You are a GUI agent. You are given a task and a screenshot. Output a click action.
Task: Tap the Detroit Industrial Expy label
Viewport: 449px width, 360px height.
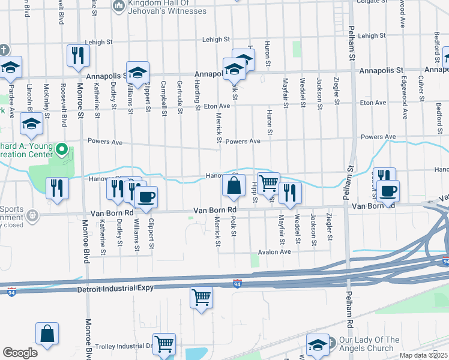[x=116, y=289]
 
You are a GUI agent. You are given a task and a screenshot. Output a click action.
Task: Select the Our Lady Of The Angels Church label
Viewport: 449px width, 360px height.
[x=369, y=344]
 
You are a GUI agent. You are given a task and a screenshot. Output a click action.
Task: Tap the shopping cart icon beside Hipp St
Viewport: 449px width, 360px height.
[x=270, y=182]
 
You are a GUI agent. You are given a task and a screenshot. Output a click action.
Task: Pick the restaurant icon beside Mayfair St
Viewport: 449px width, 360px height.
[x=290, y=193]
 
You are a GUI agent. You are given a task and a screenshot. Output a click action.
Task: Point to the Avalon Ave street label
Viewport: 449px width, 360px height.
[x=274, y=252]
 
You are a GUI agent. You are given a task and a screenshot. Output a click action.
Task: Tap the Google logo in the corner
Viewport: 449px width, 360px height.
[x=20, y=353]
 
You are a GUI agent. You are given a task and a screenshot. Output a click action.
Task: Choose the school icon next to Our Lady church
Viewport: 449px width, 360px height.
[x=318, y=345]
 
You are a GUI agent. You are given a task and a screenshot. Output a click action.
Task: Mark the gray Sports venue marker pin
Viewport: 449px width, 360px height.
[x=31, y=214]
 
